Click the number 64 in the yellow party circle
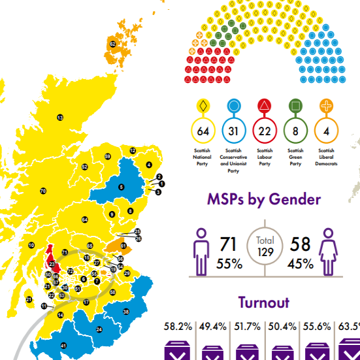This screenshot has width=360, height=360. point(203,131)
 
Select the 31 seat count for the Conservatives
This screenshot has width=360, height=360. point(233,131)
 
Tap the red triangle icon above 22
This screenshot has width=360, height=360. point(264,106)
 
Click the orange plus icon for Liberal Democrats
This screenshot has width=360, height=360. point(325,106)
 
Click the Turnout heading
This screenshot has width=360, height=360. point(264,302)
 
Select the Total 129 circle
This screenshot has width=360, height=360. point(265,246)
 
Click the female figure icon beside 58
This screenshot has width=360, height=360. point(326,251)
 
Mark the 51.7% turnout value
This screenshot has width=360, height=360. point(247,325)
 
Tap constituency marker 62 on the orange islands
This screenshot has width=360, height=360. point(113,44)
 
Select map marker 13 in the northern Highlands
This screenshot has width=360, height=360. point(60,118)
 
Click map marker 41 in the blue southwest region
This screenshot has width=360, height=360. point(63,345)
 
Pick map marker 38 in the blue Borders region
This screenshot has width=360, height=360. point(125,312)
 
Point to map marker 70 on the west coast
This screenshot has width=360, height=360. point(43,191)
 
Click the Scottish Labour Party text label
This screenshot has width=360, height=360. point(264,157)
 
